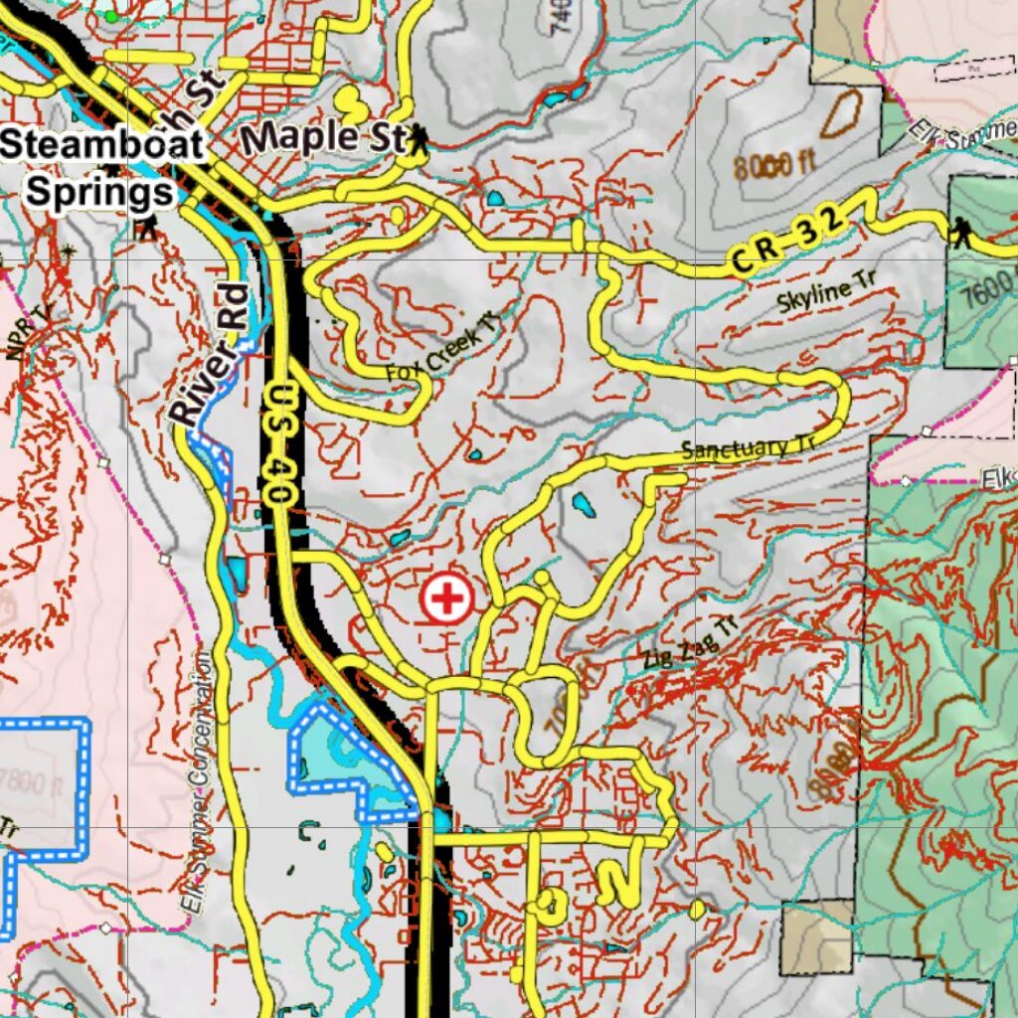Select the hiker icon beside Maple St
(419, 140)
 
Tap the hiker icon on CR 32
(960, 234)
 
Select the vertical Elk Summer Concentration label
(198, 785)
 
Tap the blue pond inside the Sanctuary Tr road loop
(583, 508)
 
